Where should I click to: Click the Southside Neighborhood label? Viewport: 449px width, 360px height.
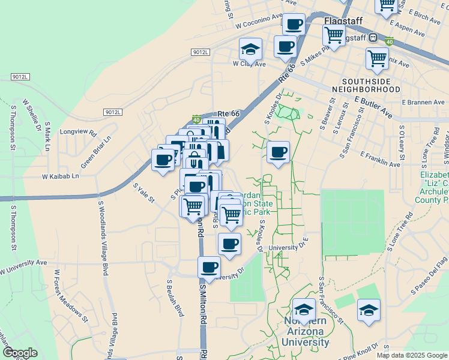(x=371, y=85)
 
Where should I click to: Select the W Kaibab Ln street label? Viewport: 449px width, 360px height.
(x=61, y=176)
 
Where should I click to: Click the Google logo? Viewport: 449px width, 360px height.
(x=20, y=353)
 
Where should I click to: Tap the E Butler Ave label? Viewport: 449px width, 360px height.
(x=373, y=107)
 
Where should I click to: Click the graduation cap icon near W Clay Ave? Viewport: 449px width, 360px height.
(x=251, y=49)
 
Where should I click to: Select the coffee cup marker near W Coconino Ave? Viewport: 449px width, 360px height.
(x=294, y=25)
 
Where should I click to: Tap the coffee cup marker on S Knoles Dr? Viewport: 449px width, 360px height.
(x=278, y=152)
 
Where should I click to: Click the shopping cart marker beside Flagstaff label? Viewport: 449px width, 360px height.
(x=334, y=34)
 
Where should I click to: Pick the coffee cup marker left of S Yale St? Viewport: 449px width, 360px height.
(x=163, y=160)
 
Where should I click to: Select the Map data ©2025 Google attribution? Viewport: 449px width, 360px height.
(x=412, y=355)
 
